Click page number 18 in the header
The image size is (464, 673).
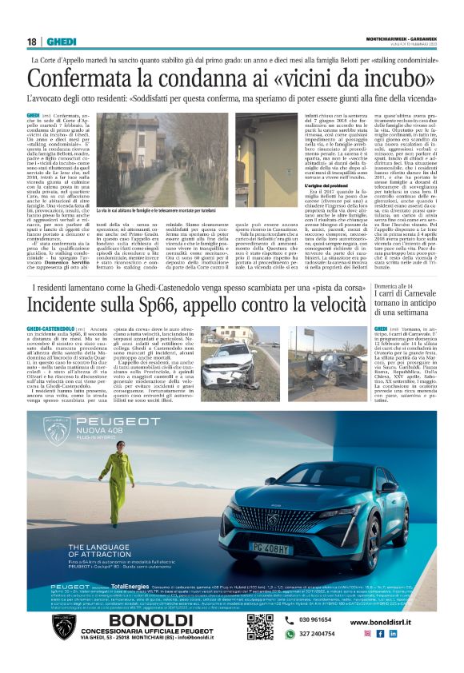tap(32, 42)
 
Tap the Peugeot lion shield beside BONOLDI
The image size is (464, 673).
tap(64, 627)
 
